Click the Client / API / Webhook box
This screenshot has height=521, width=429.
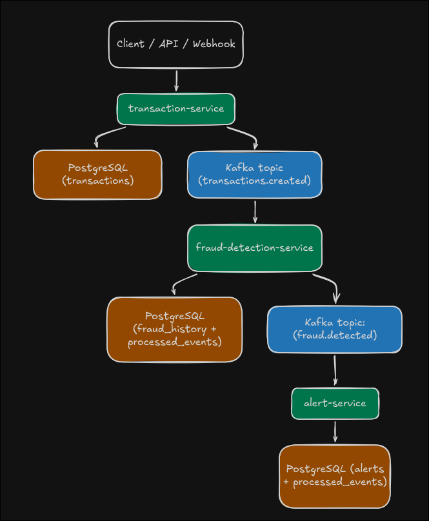[x=176, y=44]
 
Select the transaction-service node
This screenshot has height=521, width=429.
[x=176, y=108]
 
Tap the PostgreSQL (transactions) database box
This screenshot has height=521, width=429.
[x=97, y=174]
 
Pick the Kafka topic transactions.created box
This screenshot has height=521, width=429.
[x=254, y=174]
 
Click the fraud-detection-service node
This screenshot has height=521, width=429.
[x=254, y=248]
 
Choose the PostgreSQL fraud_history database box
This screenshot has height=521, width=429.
[x=174, y=329]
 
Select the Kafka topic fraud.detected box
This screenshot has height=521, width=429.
[x=334, y=329]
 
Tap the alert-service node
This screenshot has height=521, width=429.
[x=335, y=404]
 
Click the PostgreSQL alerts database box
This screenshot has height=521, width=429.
[x=334, y=476]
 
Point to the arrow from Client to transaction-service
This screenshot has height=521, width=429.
[x=176, y=81]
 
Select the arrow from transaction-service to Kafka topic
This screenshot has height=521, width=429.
[x=245, y=134]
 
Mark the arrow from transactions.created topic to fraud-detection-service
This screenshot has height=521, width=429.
[x=255, y=211]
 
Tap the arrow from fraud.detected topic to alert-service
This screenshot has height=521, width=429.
[x=335, y=370]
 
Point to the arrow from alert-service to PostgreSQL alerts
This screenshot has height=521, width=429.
[x=335, y=431]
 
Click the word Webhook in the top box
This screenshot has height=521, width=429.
[x=215, y=44]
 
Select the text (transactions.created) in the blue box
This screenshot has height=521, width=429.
[x=254, y=181]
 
